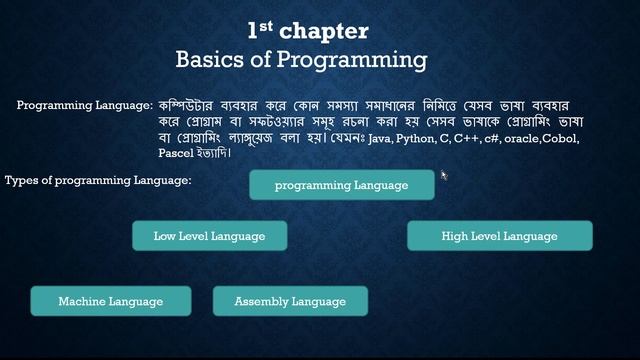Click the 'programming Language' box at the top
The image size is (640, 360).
pyautogui.click(x=341, y=185)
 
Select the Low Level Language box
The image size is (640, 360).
pyautogui.click(x=209, y=236)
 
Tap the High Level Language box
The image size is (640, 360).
pyautogui.click(x=499, y=236)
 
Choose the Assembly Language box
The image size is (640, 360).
pyautogui.click(x=290, y=301)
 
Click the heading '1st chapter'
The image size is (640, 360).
pyautogui.click(x=307, y=31)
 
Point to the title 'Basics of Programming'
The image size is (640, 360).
pyautogui.click(x=301, y=60)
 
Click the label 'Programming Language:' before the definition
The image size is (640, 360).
pyautogui.click(x=85, y=105)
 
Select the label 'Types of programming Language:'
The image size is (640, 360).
pyautogui.click(x=98, y=180)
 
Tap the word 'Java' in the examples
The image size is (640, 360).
pyautogui.click(x=380, y=139)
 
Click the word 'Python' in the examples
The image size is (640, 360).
pyautogui.click(x=417, y=139)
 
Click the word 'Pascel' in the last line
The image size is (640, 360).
pyautogui.click(x=176, y=154)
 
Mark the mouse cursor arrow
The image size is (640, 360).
pyautogui.click(x=443, y=176)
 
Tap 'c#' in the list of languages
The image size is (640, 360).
pyautogui.click(x=491, y=139)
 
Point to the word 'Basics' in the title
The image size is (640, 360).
pyautogui.click(x=208, y=60)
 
